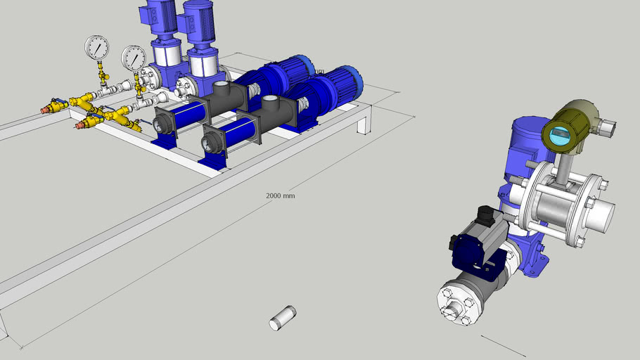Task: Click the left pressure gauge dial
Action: tap(96, 48)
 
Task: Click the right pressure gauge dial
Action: tap(133, 58)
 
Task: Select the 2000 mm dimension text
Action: tap(280, 195)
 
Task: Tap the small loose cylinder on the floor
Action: tap(283, 317)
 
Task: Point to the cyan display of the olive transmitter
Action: tap(560, 135)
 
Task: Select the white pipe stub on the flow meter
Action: tap(601, 213)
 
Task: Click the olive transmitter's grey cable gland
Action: tap(608, 127)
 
